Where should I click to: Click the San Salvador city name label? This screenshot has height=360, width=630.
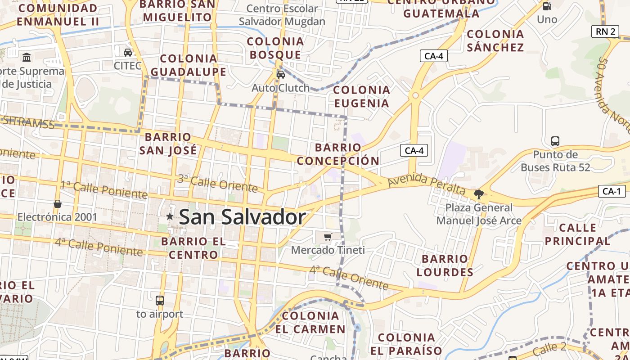pos(242,217)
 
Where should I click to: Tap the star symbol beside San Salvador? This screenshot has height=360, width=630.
pos(170,216)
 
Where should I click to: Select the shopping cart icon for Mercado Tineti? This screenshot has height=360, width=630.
pos(328,237)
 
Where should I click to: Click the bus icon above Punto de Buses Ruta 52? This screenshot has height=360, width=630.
pos(555,141)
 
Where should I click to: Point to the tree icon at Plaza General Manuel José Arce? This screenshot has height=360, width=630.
pos(478,194)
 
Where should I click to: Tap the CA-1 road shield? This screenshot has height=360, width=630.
pos(612,191)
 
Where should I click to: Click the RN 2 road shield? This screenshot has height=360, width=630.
pos(605,31)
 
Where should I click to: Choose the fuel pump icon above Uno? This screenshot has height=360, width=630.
pos(547,6)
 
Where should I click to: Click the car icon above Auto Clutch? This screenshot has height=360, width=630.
pos(281,74)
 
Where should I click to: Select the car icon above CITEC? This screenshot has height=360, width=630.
pos(128,52)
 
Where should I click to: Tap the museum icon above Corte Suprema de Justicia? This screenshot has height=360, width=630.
pos(27,58)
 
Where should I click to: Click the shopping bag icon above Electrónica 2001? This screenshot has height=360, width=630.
pos(58,204)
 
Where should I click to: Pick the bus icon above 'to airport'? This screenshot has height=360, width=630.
pos(159,300)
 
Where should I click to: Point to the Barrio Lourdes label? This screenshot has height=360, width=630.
pos(445,265)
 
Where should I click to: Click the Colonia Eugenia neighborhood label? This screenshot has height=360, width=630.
pos(361,97)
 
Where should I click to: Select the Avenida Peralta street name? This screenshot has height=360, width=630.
pos(426,183)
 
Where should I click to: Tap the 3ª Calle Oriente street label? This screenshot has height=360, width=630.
pos(217,183)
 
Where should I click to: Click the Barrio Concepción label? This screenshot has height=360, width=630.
pos(338,154)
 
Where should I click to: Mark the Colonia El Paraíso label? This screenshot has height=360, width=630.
pos(406,344)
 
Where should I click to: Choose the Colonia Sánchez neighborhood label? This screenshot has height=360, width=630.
pos(495,40)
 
